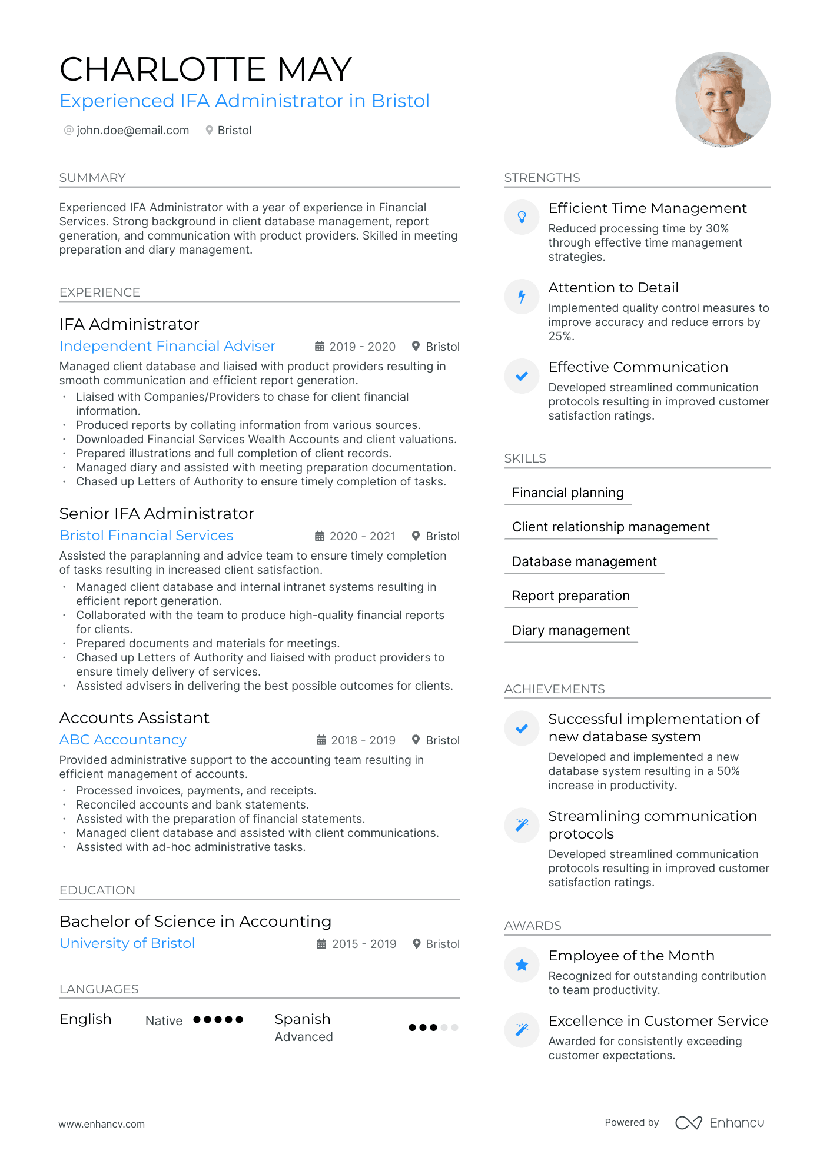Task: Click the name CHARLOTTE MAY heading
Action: (205, 69)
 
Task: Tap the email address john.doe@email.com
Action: (132, 130)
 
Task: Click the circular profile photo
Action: (722, 99)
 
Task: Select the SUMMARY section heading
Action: (92, 178)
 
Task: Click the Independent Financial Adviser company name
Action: (167, 346)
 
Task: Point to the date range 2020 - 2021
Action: (362, 536)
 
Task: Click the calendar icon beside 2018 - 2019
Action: (321, 740)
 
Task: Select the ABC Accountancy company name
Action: (123, 740)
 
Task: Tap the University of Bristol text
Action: (127, 943)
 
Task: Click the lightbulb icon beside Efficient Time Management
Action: (522, 217)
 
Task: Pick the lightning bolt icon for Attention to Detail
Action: (522, 297)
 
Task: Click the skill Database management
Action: (584, 561)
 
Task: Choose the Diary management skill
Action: (570, 630)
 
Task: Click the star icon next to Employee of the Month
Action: (522, 965)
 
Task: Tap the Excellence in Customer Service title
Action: (658, 1021)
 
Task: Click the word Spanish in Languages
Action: (303, 1019)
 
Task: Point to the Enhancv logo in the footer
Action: (719, 1123)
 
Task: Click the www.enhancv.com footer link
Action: (101, 1124)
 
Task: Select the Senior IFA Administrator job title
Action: (157, 514)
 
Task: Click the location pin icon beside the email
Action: (209, 130)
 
